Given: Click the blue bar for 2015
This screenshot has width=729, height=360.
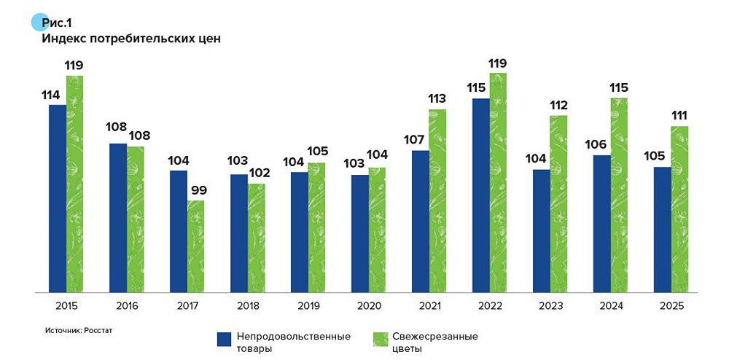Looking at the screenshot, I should [58, 198].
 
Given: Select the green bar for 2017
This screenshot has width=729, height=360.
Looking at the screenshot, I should [195, 246].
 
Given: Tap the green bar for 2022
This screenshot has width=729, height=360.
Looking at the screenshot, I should [498, 182].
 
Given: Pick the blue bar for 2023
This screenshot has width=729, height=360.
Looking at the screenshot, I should [541, 231].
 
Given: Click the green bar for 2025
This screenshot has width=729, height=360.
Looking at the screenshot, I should [679, 209].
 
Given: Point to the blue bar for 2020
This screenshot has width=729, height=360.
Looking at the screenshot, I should [359, 233].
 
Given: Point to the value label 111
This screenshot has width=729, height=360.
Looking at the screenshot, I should [679, 116].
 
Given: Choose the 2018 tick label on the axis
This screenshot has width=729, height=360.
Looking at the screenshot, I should [248, 306].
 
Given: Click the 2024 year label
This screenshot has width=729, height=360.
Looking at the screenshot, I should [610, 306].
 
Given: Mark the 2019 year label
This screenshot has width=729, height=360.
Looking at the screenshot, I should [308, 306].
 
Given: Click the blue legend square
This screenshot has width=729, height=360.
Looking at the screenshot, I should [225, 339].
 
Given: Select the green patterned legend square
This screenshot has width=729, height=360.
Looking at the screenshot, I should [380, 339].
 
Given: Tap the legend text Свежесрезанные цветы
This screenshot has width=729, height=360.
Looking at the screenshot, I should [425, 343].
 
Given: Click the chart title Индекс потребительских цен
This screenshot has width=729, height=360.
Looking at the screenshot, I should [131, 39].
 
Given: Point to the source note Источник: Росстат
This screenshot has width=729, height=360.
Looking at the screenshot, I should [78, 330].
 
